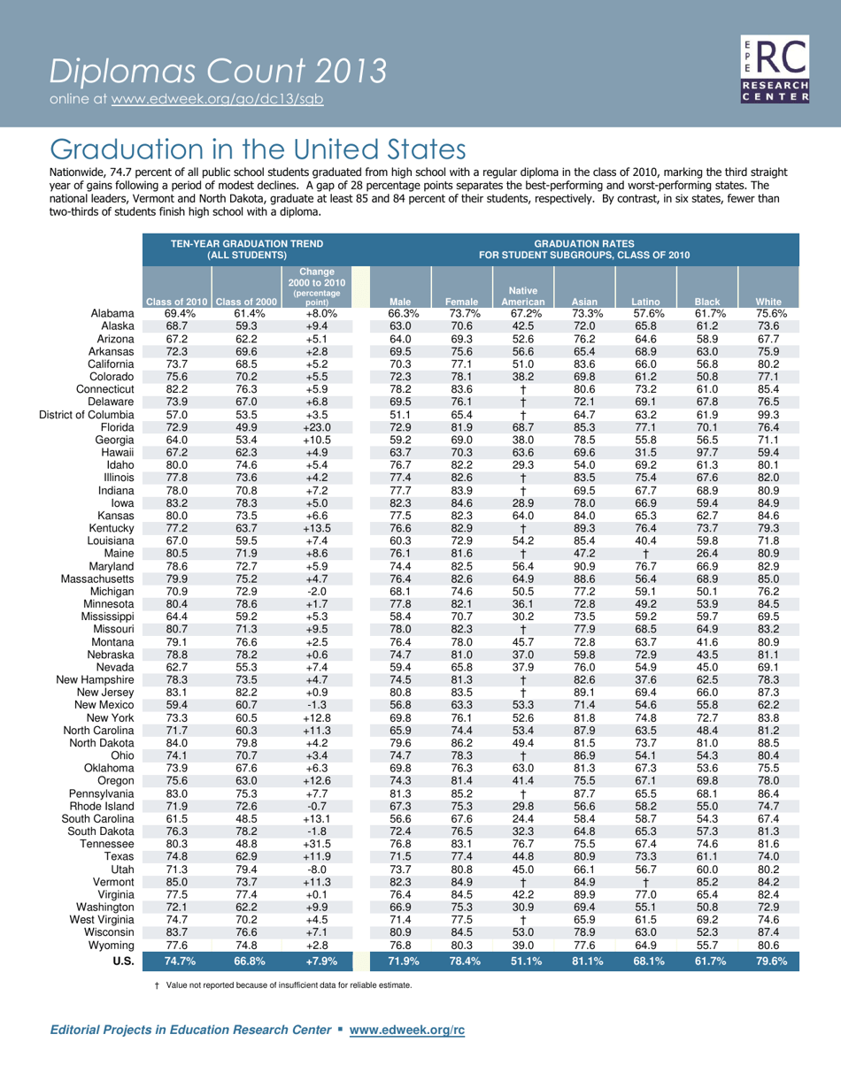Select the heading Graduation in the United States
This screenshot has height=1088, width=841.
click(258, 147)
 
